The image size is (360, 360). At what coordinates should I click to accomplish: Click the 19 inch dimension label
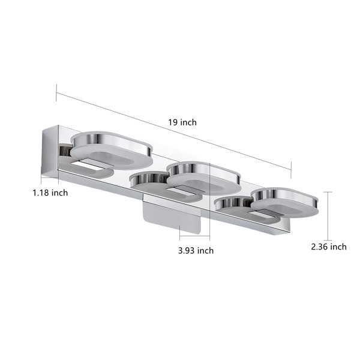point(182,122)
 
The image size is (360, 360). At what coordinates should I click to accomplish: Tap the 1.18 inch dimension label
point(50,193)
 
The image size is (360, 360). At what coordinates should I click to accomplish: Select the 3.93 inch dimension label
point(196,250)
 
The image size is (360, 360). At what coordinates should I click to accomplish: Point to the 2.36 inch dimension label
point(329,247)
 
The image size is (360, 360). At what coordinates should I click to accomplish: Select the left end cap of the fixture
point(50,151)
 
